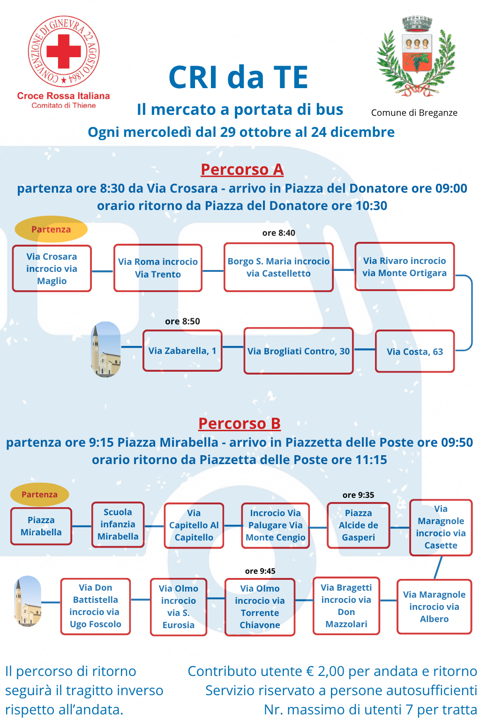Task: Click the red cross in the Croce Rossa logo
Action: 64,51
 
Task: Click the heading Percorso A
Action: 242,170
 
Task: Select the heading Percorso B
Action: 239,424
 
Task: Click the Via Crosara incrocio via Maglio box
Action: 52,269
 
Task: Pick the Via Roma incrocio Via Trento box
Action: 158,268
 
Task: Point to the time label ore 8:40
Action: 278,233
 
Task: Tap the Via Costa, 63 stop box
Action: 415,352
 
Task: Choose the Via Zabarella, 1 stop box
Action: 182,351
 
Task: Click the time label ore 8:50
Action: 182,322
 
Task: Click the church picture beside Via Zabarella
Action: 105,349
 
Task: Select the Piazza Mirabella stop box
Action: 41,526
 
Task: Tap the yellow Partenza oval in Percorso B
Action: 40,495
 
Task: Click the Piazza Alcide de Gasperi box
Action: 359,525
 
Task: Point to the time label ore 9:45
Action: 260,571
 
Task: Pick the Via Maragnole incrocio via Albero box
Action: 434,607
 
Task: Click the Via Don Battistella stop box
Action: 95,606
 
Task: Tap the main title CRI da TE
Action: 239,77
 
